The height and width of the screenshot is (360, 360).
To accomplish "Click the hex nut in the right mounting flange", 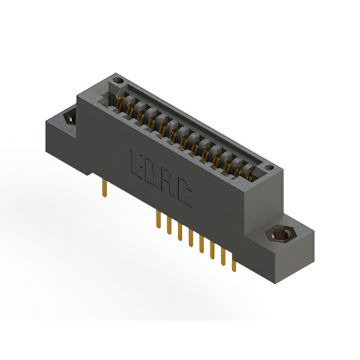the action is click(x=281, y=234).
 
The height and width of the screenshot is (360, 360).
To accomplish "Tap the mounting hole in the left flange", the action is click(x=70, y=117).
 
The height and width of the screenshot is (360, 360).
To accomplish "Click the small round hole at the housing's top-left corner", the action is click(x=118, y=80).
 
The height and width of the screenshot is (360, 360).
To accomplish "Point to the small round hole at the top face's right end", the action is click(x=269, y=168).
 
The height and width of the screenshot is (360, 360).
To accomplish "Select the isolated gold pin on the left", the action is click(x=105, y=188).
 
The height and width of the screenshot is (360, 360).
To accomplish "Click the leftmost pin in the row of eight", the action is click(x=159, y=219).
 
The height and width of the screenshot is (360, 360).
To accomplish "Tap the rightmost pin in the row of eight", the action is click(x=234, y=263).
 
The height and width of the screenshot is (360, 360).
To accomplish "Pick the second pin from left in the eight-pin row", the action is click(x=169, y=226).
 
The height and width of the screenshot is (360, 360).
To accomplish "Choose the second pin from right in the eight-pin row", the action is click(x=223, y=256).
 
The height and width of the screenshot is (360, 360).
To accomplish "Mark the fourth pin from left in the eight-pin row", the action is click(x=191, y=238).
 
